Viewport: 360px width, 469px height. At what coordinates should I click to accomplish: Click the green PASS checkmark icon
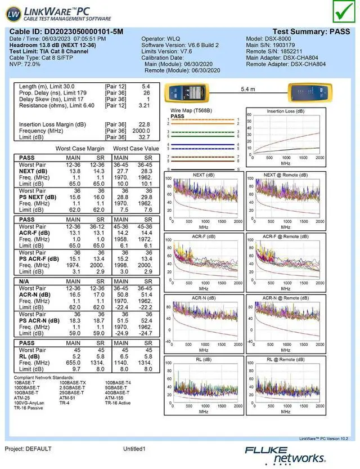pos(341,11)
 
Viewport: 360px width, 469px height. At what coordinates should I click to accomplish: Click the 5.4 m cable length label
pos(247,90)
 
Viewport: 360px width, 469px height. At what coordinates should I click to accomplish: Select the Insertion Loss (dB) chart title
pos(285,111)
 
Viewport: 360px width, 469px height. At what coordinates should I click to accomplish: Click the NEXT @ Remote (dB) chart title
pos(285,175)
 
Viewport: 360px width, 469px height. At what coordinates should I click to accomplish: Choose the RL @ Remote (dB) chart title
pos(285,359)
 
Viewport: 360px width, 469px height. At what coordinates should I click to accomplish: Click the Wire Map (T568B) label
pos(191,111)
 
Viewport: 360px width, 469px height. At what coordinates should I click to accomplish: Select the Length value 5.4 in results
pos(145,86)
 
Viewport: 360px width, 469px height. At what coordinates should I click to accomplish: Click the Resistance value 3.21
pos(144,105)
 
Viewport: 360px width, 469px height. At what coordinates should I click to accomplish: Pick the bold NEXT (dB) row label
pos(34,171)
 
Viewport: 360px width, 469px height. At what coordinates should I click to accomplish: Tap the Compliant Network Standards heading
pos(43,377)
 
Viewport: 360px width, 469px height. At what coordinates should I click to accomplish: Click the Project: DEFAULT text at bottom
pos(28,449)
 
